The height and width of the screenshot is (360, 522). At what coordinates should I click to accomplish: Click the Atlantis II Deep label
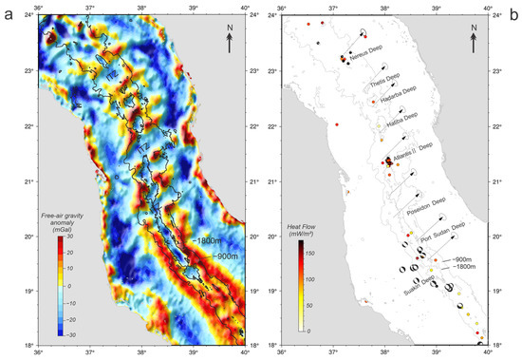(411, 146)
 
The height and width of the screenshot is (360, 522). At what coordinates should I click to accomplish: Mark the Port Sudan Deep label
(442, 226)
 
